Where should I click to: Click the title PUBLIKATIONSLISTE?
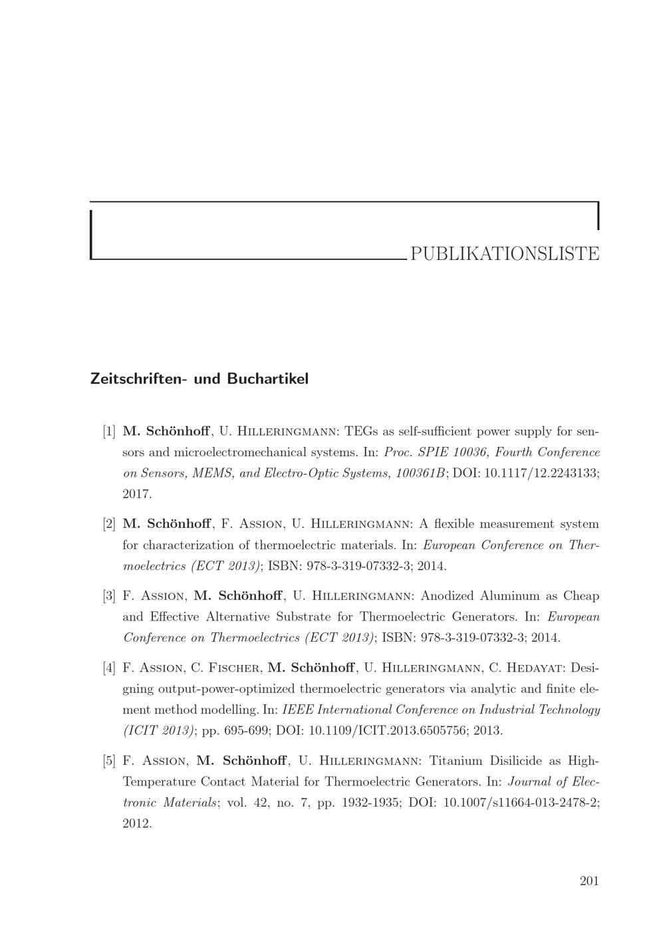tap(505, 253)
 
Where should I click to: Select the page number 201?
tap(589, 881)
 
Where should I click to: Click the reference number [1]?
tap(110, 431)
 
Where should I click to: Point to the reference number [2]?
tap(110, 524)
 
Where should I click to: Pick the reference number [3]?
tap(110, 595)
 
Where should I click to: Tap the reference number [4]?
tap(110, 667)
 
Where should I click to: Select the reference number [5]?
tap(110, 760)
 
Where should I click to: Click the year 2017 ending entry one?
tap(138, 494)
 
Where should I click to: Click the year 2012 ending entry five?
tap(138, 823)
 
